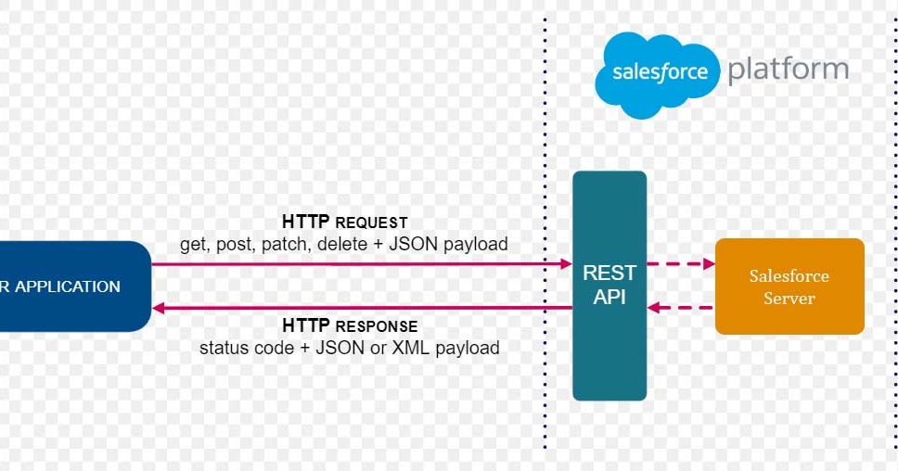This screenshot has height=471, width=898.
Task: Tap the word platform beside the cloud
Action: coord(788,70)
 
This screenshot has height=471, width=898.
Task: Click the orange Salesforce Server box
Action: coord(789,286)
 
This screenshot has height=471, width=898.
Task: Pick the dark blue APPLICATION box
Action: coord(74,286)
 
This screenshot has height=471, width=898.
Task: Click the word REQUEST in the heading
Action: coord(371,223)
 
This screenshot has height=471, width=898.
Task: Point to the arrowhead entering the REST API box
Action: coord(565,264)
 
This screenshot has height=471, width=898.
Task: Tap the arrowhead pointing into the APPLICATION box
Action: coord(159,309)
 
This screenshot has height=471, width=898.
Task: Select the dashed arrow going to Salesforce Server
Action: coord(681,264)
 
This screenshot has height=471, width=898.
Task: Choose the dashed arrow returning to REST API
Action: coord(681,308)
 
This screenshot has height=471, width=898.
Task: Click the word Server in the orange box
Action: coord(789,298)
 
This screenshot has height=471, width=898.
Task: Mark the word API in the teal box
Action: coord(609,297)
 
